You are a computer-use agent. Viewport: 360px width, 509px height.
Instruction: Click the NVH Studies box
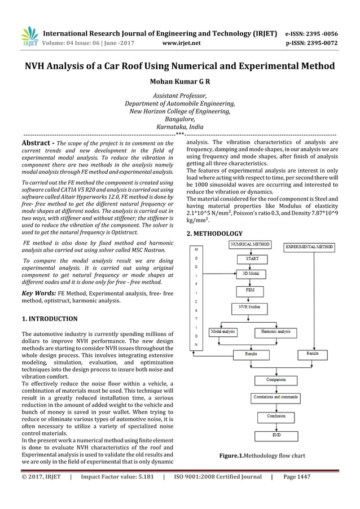click(x=249, y=309)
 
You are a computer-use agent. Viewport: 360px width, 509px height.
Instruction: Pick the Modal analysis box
click(x=223, y=331)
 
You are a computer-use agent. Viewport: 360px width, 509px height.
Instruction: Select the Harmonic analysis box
click(x=276, y=331)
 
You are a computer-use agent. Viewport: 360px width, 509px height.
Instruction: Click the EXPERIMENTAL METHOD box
click(x=309, y=247)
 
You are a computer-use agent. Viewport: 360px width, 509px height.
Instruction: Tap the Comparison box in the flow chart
click(x=276, y=380)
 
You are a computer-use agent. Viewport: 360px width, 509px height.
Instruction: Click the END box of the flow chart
click(x=276, y=435)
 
